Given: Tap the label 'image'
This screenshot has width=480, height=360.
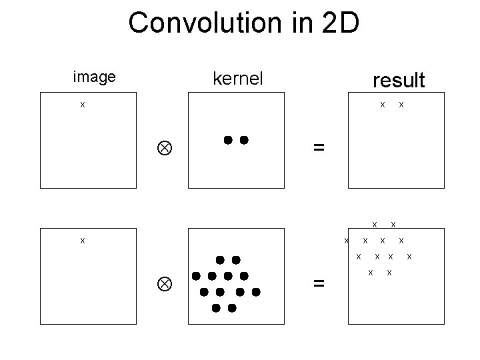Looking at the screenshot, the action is pos(94,77).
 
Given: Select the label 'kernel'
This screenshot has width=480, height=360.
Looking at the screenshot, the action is pos(238,79).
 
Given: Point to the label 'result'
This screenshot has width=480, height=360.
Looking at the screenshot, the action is pos(399,81).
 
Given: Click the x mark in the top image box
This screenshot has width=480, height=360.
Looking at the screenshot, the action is pos(82,105).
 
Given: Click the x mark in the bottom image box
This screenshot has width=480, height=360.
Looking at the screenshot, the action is pos(82,240).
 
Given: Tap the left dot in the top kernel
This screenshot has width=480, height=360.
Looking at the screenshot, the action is pos(228,140).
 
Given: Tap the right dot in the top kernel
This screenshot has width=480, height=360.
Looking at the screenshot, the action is pos(244,140).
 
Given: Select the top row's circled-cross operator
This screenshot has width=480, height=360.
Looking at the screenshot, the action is pos(163,148).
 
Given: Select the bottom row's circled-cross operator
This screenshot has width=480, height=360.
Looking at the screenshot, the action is pos(163,283).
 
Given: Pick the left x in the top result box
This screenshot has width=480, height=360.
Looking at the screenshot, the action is pos(382,105).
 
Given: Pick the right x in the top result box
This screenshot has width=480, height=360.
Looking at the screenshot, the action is pos(401,105).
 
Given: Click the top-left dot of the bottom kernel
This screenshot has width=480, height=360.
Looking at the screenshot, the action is pos(219,259).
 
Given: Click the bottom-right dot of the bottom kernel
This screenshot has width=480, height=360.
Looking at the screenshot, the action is pos(232,308).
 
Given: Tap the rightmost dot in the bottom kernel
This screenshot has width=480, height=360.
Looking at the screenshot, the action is pos(256,291).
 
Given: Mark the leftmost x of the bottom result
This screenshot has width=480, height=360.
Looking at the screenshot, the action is pos(347,240).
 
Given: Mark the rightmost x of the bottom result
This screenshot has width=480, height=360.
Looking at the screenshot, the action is pos(409,256).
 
